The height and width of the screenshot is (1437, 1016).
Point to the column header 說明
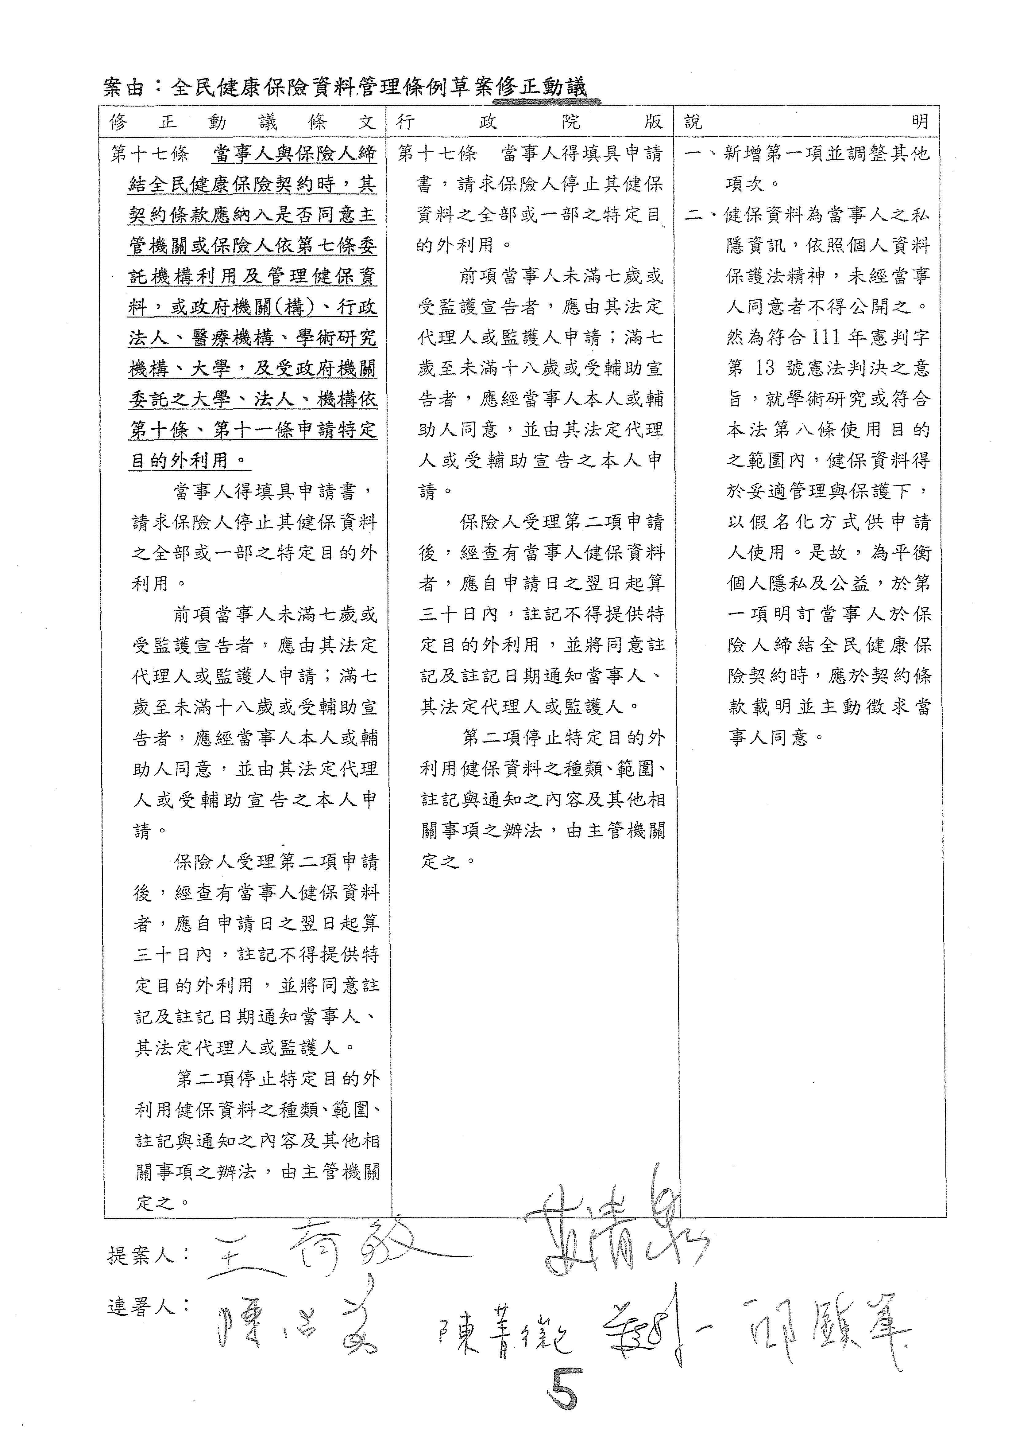tap(807, 122)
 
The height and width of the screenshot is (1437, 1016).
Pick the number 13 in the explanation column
tap(764, 369)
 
